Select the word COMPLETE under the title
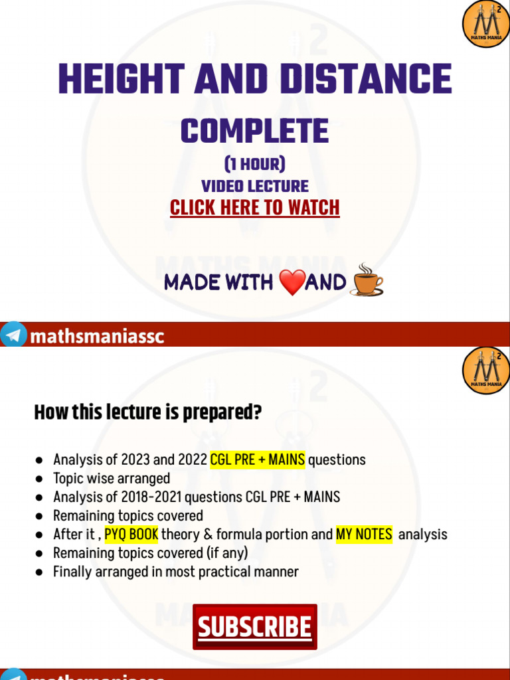254,131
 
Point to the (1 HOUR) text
254,164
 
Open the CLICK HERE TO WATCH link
254,208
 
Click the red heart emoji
292,283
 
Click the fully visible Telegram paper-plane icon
13,336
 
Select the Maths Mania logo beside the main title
485,25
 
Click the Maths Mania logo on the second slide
485,370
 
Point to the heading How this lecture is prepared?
147,413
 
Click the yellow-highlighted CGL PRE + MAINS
257,460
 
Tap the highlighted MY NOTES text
364,534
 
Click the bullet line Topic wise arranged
111,478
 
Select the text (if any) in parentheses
225,552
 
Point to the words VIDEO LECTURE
254,187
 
